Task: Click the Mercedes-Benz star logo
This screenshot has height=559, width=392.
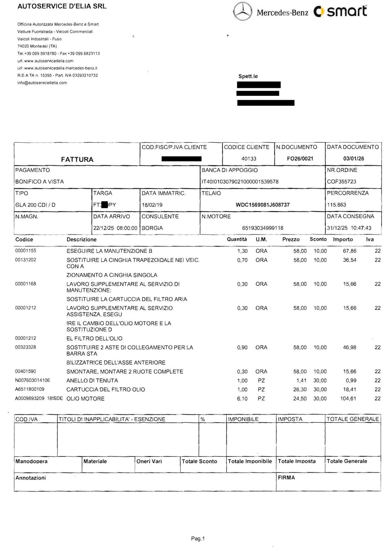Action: [x=243, y=12]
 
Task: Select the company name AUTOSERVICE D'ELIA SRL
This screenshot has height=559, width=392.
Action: [x=62, y=6]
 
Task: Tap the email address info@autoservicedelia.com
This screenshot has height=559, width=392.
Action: [x=42, y=83]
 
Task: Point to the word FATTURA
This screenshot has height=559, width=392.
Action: [x=77, y=159]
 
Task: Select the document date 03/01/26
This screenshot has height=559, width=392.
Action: [x=353, y=159]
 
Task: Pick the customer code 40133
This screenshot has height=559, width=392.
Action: [x=249, y=159]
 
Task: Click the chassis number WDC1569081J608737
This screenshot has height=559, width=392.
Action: [x=262, y=205]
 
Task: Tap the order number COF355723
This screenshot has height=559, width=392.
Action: [x=341, y=182]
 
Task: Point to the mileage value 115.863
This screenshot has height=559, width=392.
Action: [x=337, y=205]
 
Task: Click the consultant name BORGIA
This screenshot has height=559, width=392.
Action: [x=152, y=228]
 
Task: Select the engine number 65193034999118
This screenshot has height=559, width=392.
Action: [x=262, y=228]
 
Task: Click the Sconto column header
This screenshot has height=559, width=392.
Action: [x=318, y=239]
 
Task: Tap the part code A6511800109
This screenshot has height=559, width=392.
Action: [x=30, y=389]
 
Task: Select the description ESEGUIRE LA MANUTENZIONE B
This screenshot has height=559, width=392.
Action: [x=109, y=251]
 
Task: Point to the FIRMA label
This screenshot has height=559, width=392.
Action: [x=286, y=478]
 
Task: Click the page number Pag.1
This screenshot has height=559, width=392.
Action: [x=198, y=538]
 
